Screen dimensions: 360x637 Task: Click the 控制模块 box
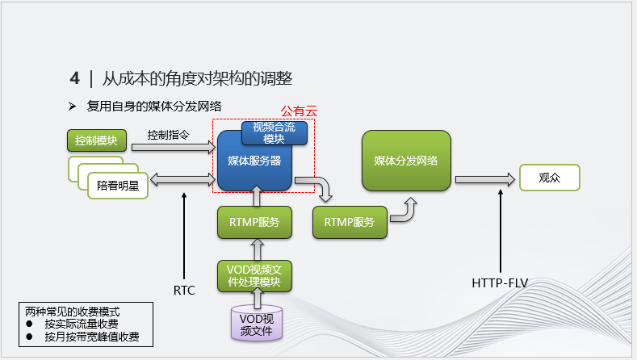[x=97, y=140]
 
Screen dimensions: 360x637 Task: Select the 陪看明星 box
[x=118, y=185]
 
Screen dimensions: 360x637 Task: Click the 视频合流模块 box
[x=274, y=132]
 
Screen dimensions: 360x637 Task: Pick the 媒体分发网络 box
[x=405, y=161]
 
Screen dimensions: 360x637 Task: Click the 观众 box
[x=549, y=178]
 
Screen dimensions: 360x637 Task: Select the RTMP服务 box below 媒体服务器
[x=254, y=222]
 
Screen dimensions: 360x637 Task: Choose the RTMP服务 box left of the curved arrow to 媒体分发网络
[x=349, y=222]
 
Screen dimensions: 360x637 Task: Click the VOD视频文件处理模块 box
[x=254, y=275]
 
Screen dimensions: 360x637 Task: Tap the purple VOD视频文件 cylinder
[x=258, y=324]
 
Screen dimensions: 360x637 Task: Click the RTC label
[x=184, y=290]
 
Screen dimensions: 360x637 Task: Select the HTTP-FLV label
[x=501, y=283]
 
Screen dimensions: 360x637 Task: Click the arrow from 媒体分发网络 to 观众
[x=483, y=178]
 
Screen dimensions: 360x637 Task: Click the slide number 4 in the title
[x=74, y=78]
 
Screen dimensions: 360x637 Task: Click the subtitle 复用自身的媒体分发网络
[x=155, y=106]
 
